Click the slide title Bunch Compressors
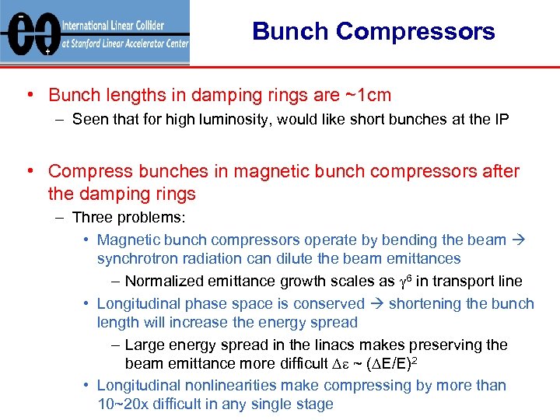373,32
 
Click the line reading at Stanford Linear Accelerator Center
125,44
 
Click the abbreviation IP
501,120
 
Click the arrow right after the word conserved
376,304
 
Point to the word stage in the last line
315,404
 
